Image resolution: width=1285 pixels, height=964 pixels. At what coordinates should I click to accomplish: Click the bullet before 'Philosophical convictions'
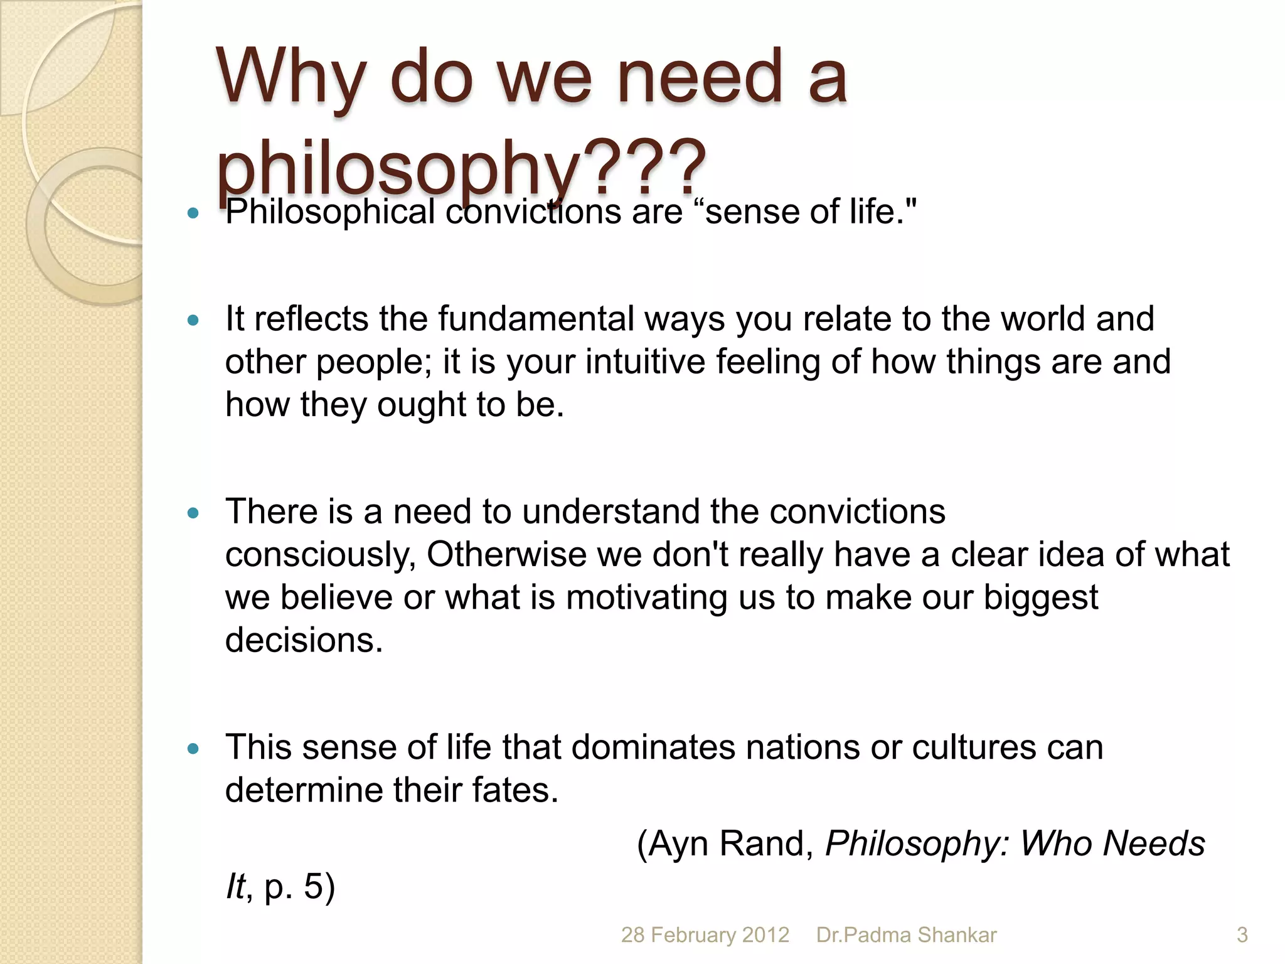(193, 213)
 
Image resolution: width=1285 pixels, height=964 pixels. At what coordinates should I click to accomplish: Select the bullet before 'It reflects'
(193, 321)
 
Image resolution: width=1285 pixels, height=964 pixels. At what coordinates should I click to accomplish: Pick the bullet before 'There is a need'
(193, 513)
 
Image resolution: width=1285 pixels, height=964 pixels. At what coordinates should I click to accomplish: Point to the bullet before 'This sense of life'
(193, 749)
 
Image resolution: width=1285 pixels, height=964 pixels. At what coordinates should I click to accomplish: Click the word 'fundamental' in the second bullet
(536, 319)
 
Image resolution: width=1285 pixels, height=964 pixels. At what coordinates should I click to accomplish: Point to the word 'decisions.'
(304, 641)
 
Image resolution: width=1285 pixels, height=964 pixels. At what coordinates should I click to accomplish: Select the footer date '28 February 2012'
(705, 935)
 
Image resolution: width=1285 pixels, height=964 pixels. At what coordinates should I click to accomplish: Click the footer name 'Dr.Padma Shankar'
(906, 935)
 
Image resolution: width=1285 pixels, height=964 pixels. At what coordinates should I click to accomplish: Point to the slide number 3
(1242, 935)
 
